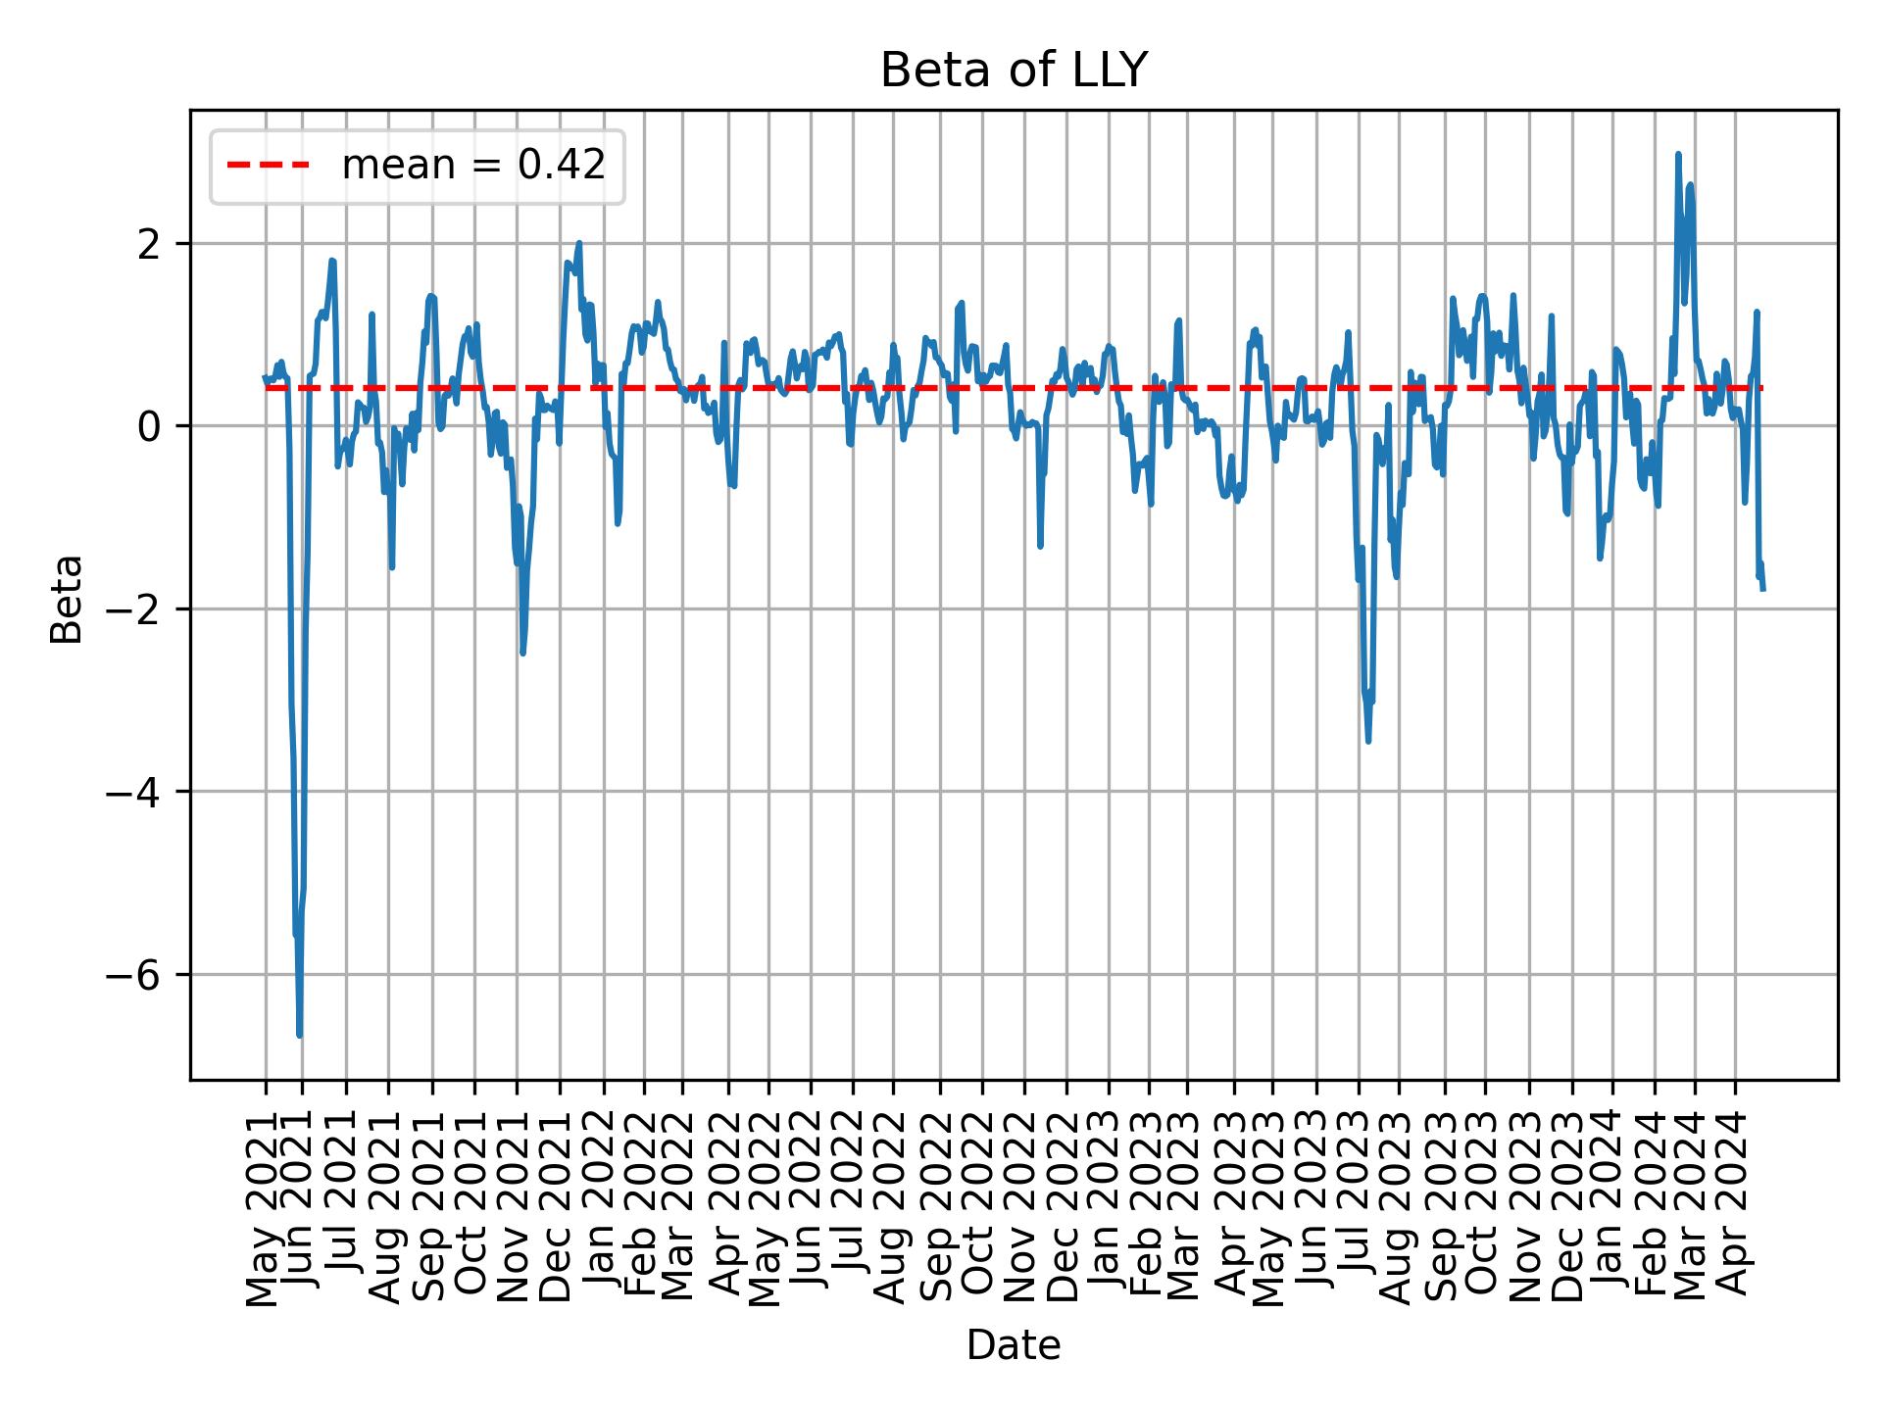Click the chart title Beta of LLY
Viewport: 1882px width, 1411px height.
click(1013, 71)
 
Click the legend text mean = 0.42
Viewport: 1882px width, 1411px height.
click(472, 167)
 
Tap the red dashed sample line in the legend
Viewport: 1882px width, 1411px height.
click(269, 167)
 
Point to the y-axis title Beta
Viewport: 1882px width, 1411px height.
click(67, 599)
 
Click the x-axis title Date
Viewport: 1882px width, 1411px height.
click(1013, 1346)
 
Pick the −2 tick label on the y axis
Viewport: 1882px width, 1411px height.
click(139, 608)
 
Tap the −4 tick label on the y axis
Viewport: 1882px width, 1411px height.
click(139, 792)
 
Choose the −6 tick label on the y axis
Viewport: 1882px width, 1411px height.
click(139, 975)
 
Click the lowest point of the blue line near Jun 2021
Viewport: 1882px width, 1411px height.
click(299, 1035)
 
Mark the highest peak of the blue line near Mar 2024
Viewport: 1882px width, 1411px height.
click(1678, 154)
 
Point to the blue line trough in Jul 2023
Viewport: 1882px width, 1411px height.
click(1368, 742)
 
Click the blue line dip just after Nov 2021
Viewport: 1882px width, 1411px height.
click(522, 654)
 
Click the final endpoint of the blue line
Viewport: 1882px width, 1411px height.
click(1763, 590)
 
